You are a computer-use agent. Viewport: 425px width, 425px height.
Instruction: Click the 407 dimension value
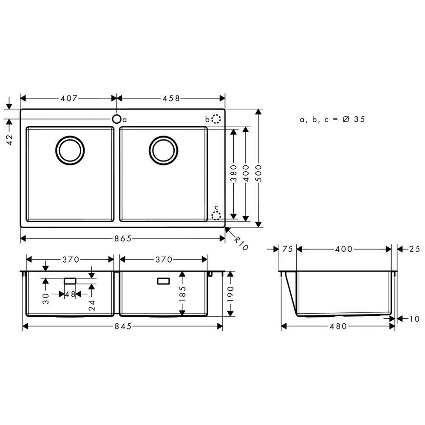click(69, 98)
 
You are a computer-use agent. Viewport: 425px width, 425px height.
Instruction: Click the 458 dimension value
click(171, 98)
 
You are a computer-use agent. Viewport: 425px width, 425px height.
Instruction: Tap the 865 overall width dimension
click(123, 238)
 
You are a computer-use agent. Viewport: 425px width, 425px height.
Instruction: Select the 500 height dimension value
click(258, 173)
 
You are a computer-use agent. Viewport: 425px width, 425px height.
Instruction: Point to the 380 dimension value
click(233, 173)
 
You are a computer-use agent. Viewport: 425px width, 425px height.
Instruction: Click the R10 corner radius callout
click(241, 244)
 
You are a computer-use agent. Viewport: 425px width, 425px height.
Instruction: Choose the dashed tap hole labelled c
click(216, 215)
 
